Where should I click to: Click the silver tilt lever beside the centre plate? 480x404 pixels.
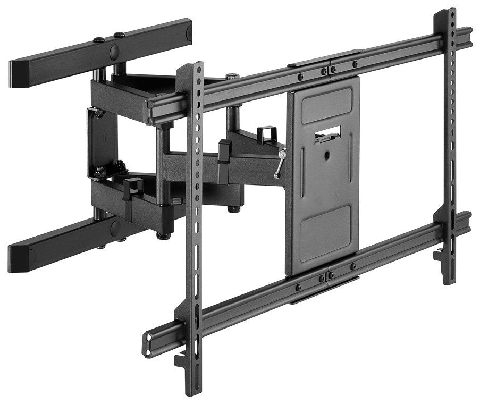(279, 164)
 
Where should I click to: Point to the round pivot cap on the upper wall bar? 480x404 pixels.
(115, 52)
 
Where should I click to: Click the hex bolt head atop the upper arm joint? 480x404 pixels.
(232, 77)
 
